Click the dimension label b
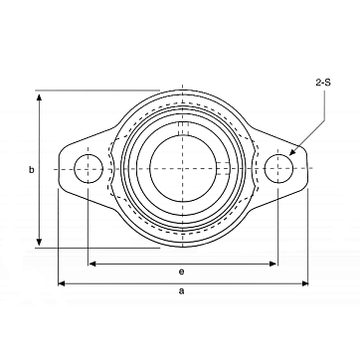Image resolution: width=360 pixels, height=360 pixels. [32, 170]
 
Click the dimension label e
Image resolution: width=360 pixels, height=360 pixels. [181, 271]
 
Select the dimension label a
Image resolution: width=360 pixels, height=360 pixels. [181, 291]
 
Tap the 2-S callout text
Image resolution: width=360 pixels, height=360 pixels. [323, 83]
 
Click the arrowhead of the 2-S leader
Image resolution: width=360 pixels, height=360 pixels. [291, 152]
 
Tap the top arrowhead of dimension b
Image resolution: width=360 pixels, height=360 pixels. [40, 97]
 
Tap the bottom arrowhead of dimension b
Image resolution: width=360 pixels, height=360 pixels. [40, 242]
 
